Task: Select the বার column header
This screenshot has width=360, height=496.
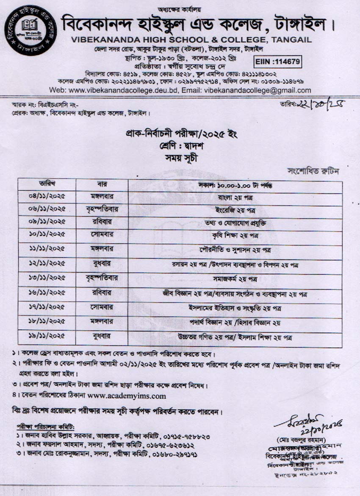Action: coord(102,184)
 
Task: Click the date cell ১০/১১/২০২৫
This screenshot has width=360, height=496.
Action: coord(47,235)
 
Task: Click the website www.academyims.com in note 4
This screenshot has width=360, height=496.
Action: coord(127,396)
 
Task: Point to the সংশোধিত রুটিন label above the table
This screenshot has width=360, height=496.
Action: coord(313,172)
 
